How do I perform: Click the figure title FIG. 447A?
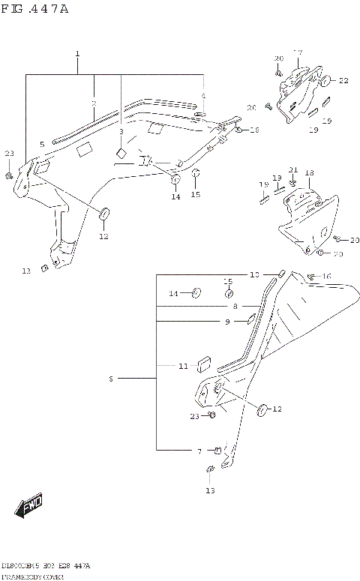tap(34, 8)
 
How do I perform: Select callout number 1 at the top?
tap(77, 55)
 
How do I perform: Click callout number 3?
tap(120, 131)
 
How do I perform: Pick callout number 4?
tap(202, 95)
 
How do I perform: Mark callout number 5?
tap(42, 142)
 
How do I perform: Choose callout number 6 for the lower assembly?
tap(109, 379)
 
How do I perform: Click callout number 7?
tap(199, 451)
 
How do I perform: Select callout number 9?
tap(226, 322)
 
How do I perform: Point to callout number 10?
tap(253, 274)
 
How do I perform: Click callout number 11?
tap(182, 366)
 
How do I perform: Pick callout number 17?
tap(298, 52)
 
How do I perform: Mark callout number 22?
tap(343, 80)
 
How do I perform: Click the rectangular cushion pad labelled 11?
tap(202, 364)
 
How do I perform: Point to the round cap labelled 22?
tap(328, 80)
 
